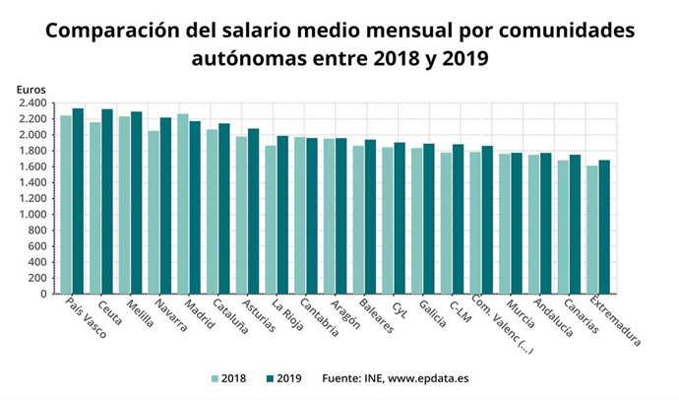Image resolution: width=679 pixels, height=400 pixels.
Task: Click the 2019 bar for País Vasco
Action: tap(78, 201)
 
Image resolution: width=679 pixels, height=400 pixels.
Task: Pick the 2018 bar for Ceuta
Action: tap(95, 208)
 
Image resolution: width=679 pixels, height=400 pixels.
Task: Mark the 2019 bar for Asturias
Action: tap(253, 211)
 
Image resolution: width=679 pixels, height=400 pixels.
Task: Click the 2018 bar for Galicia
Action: tap(417, 221)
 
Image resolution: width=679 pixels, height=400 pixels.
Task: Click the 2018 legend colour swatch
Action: tap(216, 377)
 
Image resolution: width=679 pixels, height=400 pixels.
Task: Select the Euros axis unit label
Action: tap(31, 90)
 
